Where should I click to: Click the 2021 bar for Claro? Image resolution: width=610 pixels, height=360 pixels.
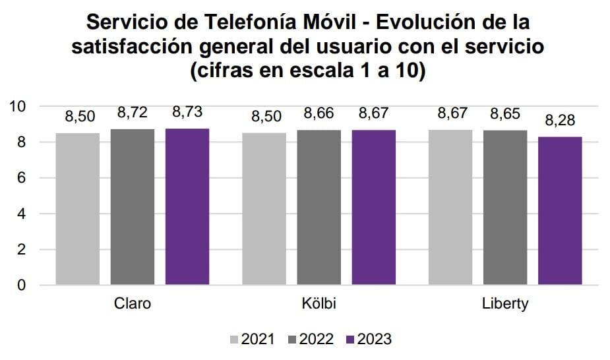pyautogui.click(x=78, y=209)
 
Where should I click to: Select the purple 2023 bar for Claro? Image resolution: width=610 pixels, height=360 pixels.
pyautogui.click(x=187, y=207)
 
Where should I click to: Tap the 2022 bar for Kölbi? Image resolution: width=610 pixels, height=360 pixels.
pyautogui.click(x=319, y=208)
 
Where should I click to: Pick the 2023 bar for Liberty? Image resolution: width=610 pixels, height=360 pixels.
pyautogui.click(x=560, y=211)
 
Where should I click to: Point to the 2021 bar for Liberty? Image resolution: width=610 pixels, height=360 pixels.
pyautogui.click(x=450, y=208)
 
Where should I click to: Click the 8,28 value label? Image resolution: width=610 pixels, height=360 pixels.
pyautogui.click(x=560, y=121)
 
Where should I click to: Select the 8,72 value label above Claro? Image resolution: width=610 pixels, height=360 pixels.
pyautogui.click(x=133, y=113)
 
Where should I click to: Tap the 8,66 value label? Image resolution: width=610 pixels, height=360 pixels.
pyautogui.click(x=319, y=113)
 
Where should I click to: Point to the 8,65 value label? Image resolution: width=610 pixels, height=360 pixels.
pyautogui.click(x=505, y=113)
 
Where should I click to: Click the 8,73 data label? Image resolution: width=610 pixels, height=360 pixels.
pyautogui.click(x=187, y=113)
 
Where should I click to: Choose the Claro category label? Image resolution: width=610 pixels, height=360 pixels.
pyautogui.click(x=133, y=304)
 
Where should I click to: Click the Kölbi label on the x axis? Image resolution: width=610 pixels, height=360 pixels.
pyautogui.click(x=319, y=304)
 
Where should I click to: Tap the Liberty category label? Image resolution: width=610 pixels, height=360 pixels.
pyautogui.click(x=505, y=304)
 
